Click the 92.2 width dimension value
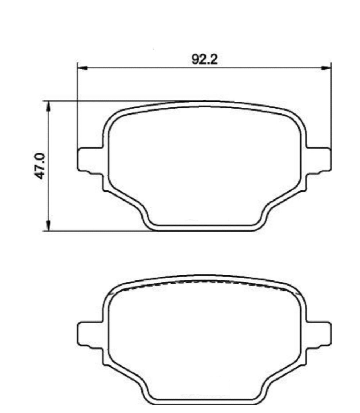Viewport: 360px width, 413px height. point(204,59)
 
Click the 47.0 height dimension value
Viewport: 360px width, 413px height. point(40,166)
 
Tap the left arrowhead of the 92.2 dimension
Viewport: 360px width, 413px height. point(83,68)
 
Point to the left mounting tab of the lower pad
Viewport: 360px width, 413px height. point(90,334)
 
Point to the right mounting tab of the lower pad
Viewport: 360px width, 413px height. point(318,334)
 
